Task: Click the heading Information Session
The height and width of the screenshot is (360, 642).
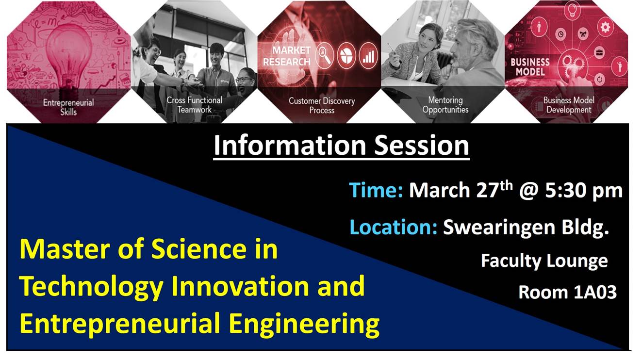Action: tap(341, 146)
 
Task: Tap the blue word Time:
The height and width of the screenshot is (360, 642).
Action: tap(376, 190)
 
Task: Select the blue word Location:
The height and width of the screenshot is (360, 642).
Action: tap(393, 227)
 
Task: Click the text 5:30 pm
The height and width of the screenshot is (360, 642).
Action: tap(584, 191)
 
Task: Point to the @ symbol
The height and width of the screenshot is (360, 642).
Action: tap(529, 191)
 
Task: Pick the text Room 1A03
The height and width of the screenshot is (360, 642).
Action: tap(567, 293)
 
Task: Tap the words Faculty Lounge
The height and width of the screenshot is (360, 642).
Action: tap(544, 262)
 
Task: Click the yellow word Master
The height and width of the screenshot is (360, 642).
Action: tap(65, 249)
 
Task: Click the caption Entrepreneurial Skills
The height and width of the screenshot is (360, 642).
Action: tap(68, 107)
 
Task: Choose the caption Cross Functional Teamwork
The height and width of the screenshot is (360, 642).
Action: tap(194, 105)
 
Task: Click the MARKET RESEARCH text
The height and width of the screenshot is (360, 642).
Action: tap(287, 56)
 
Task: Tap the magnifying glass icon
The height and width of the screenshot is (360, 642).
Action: tap(325, 56)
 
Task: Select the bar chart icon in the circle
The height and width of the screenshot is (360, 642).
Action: tap(368, 55)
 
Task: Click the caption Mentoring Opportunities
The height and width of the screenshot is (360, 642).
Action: tap(445, 105)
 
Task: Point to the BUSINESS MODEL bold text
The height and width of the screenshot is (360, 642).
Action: tap(530, 67)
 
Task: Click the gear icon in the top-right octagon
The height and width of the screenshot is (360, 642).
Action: tap(605, 28)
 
